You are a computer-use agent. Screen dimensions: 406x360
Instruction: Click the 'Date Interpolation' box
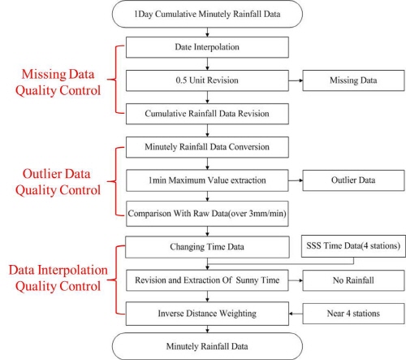207,47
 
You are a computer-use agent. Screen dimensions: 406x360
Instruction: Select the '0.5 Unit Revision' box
207,80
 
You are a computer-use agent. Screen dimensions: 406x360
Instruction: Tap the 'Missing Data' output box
353,80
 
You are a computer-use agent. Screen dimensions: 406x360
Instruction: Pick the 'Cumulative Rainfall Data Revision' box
207,114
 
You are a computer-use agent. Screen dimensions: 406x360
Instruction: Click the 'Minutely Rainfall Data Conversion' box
207,147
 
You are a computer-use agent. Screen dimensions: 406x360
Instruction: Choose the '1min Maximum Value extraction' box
207,180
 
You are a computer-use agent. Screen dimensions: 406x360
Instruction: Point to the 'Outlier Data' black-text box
353,180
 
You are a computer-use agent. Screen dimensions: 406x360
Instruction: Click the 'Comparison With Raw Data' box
207,214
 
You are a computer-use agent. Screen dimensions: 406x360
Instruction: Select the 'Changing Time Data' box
207,247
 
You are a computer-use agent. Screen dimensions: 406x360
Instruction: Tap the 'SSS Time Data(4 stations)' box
353,246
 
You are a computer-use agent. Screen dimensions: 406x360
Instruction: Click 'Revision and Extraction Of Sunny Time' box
207,280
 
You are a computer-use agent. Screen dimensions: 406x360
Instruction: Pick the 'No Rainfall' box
353,280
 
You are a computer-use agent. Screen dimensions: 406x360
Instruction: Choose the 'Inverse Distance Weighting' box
207,314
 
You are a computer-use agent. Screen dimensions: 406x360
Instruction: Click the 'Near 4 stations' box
353,314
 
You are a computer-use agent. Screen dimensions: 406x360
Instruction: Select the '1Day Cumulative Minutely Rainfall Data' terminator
207,14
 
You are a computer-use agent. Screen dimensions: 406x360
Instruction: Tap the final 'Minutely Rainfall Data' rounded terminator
207,346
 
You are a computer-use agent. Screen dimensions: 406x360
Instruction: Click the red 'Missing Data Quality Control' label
58,82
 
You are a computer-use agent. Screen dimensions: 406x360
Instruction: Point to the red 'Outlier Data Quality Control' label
58,182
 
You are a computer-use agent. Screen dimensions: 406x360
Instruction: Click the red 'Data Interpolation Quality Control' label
58,278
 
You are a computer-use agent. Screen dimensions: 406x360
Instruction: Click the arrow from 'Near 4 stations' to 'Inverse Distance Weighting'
296,314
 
